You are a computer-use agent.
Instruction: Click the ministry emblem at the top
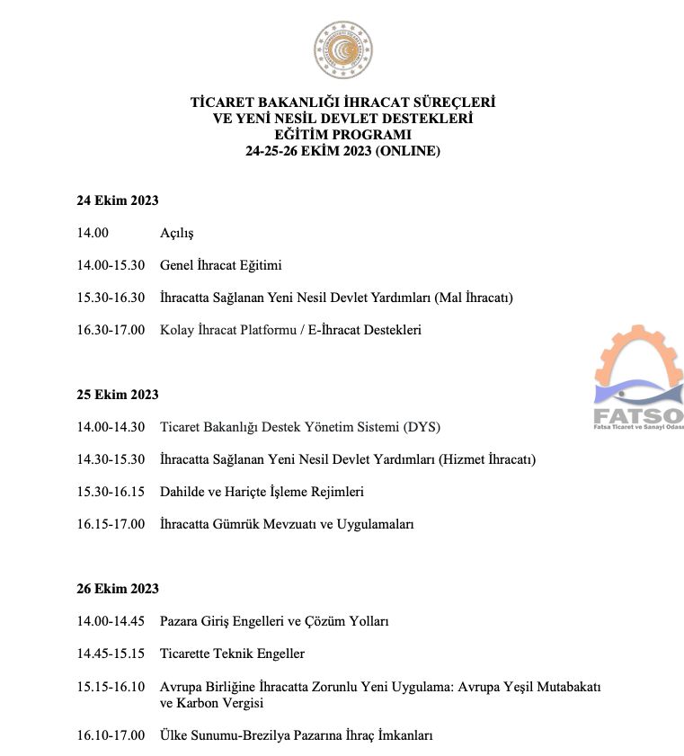[x=342, y=50]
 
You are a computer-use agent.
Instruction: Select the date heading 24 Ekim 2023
[x=118, y=200]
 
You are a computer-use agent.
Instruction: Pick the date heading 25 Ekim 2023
[x=118, y=395]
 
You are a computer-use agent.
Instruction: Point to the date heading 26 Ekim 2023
[x=118, y=589]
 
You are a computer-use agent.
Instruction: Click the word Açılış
[x=176, y=233]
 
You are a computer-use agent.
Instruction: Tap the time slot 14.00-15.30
[x=111, y=265]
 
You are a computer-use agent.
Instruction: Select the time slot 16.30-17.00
[x=111, y=330]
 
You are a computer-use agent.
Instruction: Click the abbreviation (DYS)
[x=422, y=427]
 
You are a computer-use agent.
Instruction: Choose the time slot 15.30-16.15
[x=111, y=492]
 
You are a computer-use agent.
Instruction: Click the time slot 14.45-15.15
[x=111, y=654]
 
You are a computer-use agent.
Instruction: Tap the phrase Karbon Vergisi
[x=221, y=703]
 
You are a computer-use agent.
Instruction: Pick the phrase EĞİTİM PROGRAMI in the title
[x=342, y=135]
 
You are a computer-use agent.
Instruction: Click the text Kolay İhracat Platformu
[x=227, y=330]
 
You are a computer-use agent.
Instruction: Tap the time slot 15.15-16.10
[x=111, y=687]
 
